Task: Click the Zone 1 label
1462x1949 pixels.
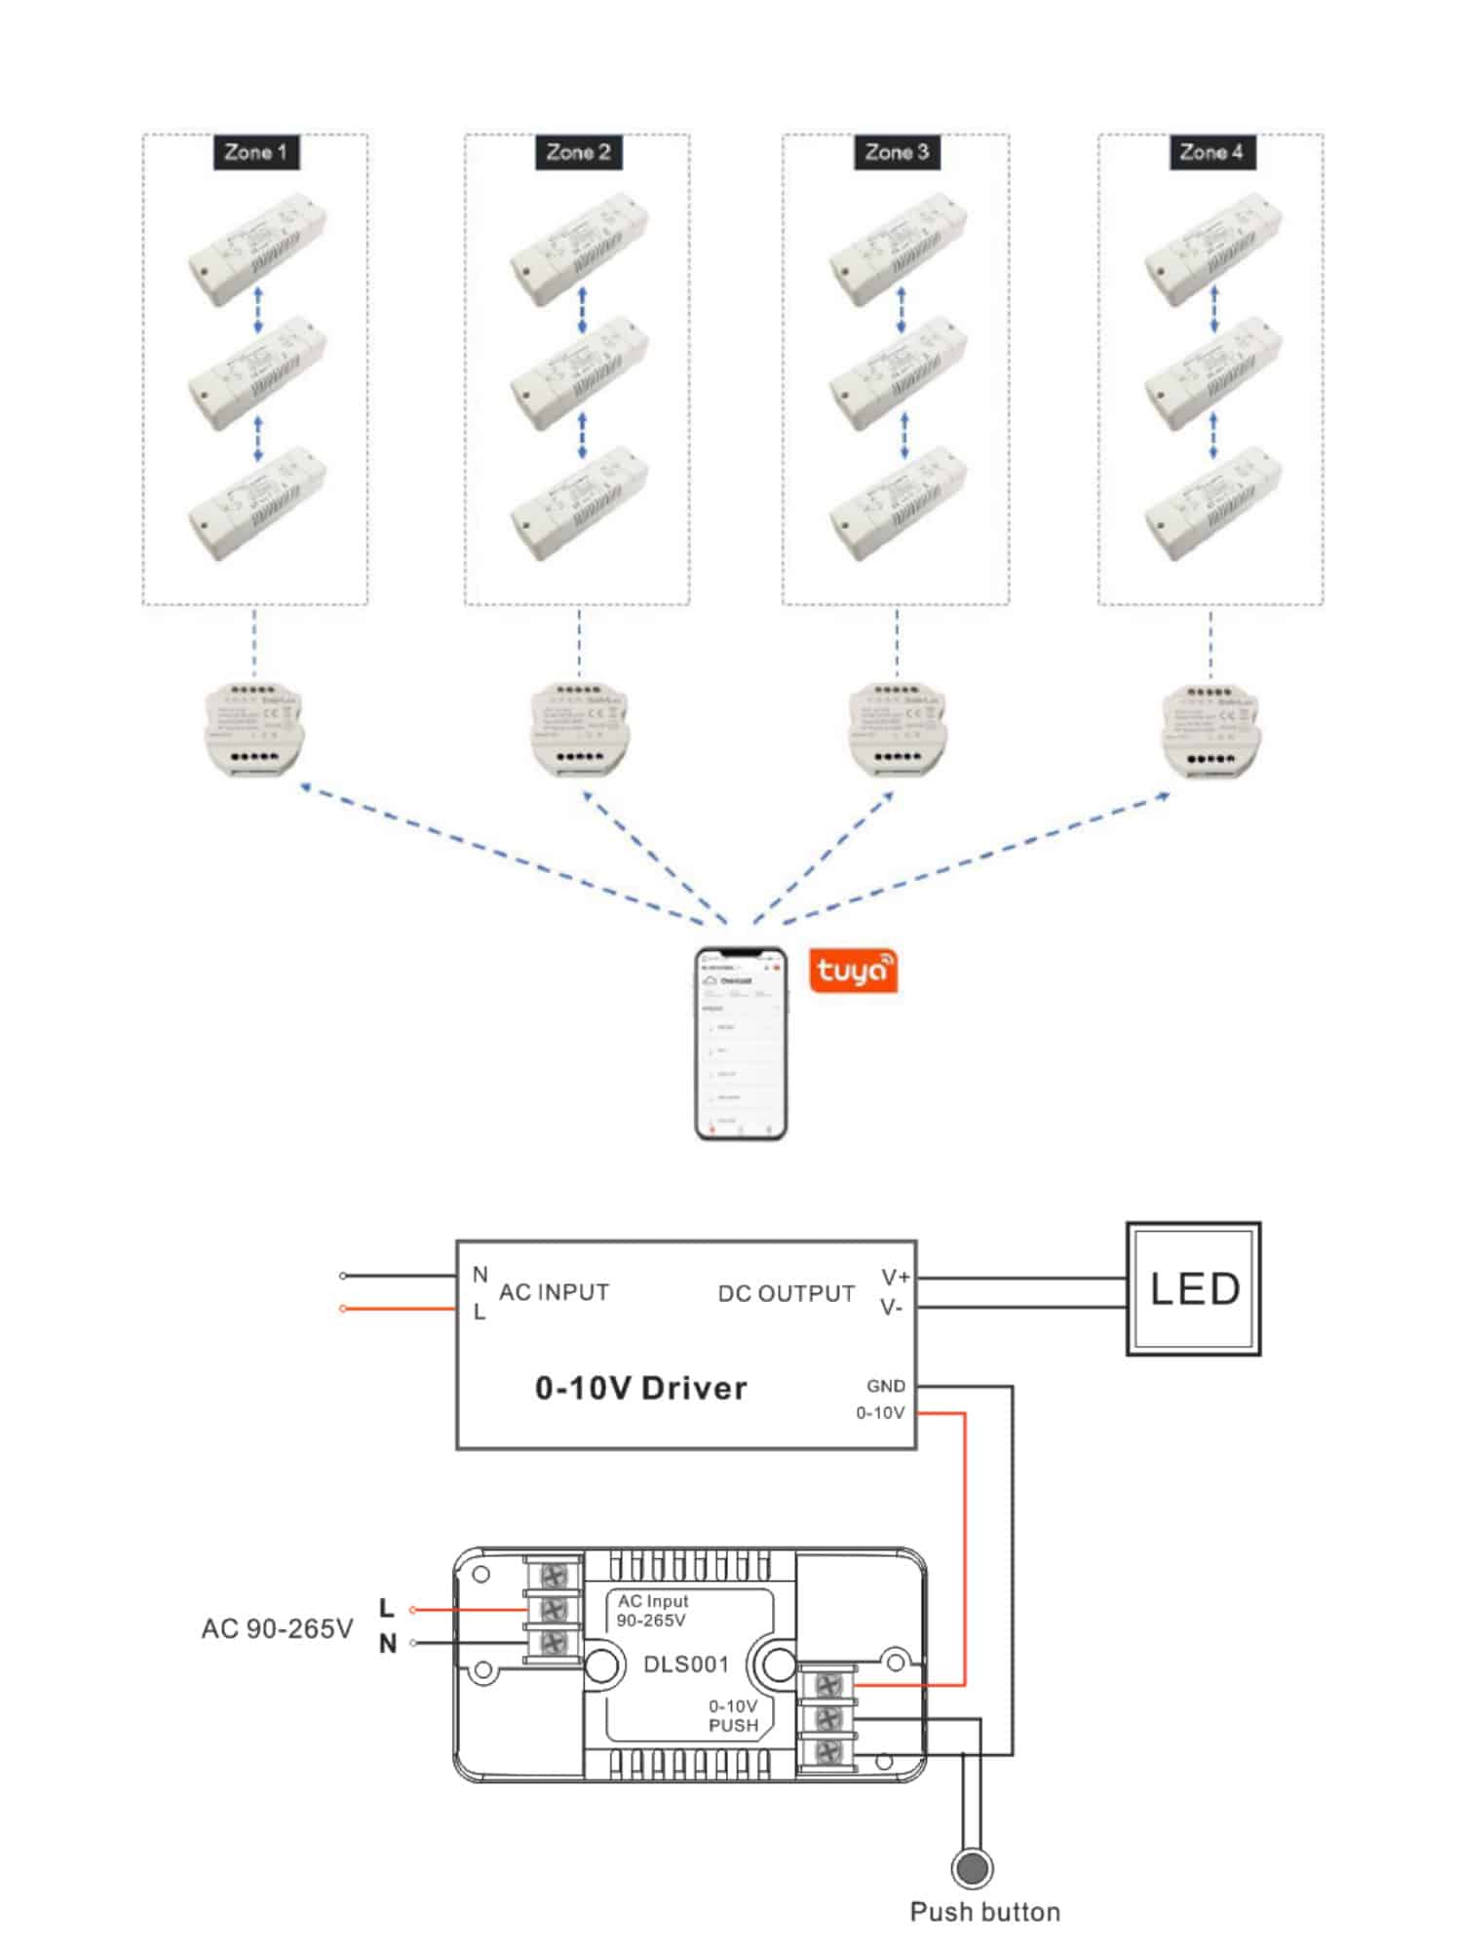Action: coord(255,153)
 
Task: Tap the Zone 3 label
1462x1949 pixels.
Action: coord(897,153)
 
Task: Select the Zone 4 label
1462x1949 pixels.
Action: coord(1212,153)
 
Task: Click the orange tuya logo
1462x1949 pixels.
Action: coord(853,972)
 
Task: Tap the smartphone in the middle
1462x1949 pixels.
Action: coord(741,1044)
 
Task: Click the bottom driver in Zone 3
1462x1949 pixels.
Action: coord(898,504)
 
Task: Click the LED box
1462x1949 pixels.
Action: coord(1193,1288)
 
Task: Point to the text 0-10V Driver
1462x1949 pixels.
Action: coord(640,1388)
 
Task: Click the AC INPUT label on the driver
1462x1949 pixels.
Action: coord(554,1292)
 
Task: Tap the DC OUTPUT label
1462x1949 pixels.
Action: coord(786,1293)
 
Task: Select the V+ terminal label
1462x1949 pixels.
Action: coord(895,1277)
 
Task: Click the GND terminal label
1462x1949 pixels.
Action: coord(885,1386)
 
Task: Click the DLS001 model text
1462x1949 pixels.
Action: coord(686,1664)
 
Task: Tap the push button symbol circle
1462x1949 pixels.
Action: coord(972,1868)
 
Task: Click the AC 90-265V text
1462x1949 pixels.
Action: coord(277,1628)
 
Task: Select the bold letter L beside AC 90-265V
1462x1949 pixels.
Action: coord(386,1608)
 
